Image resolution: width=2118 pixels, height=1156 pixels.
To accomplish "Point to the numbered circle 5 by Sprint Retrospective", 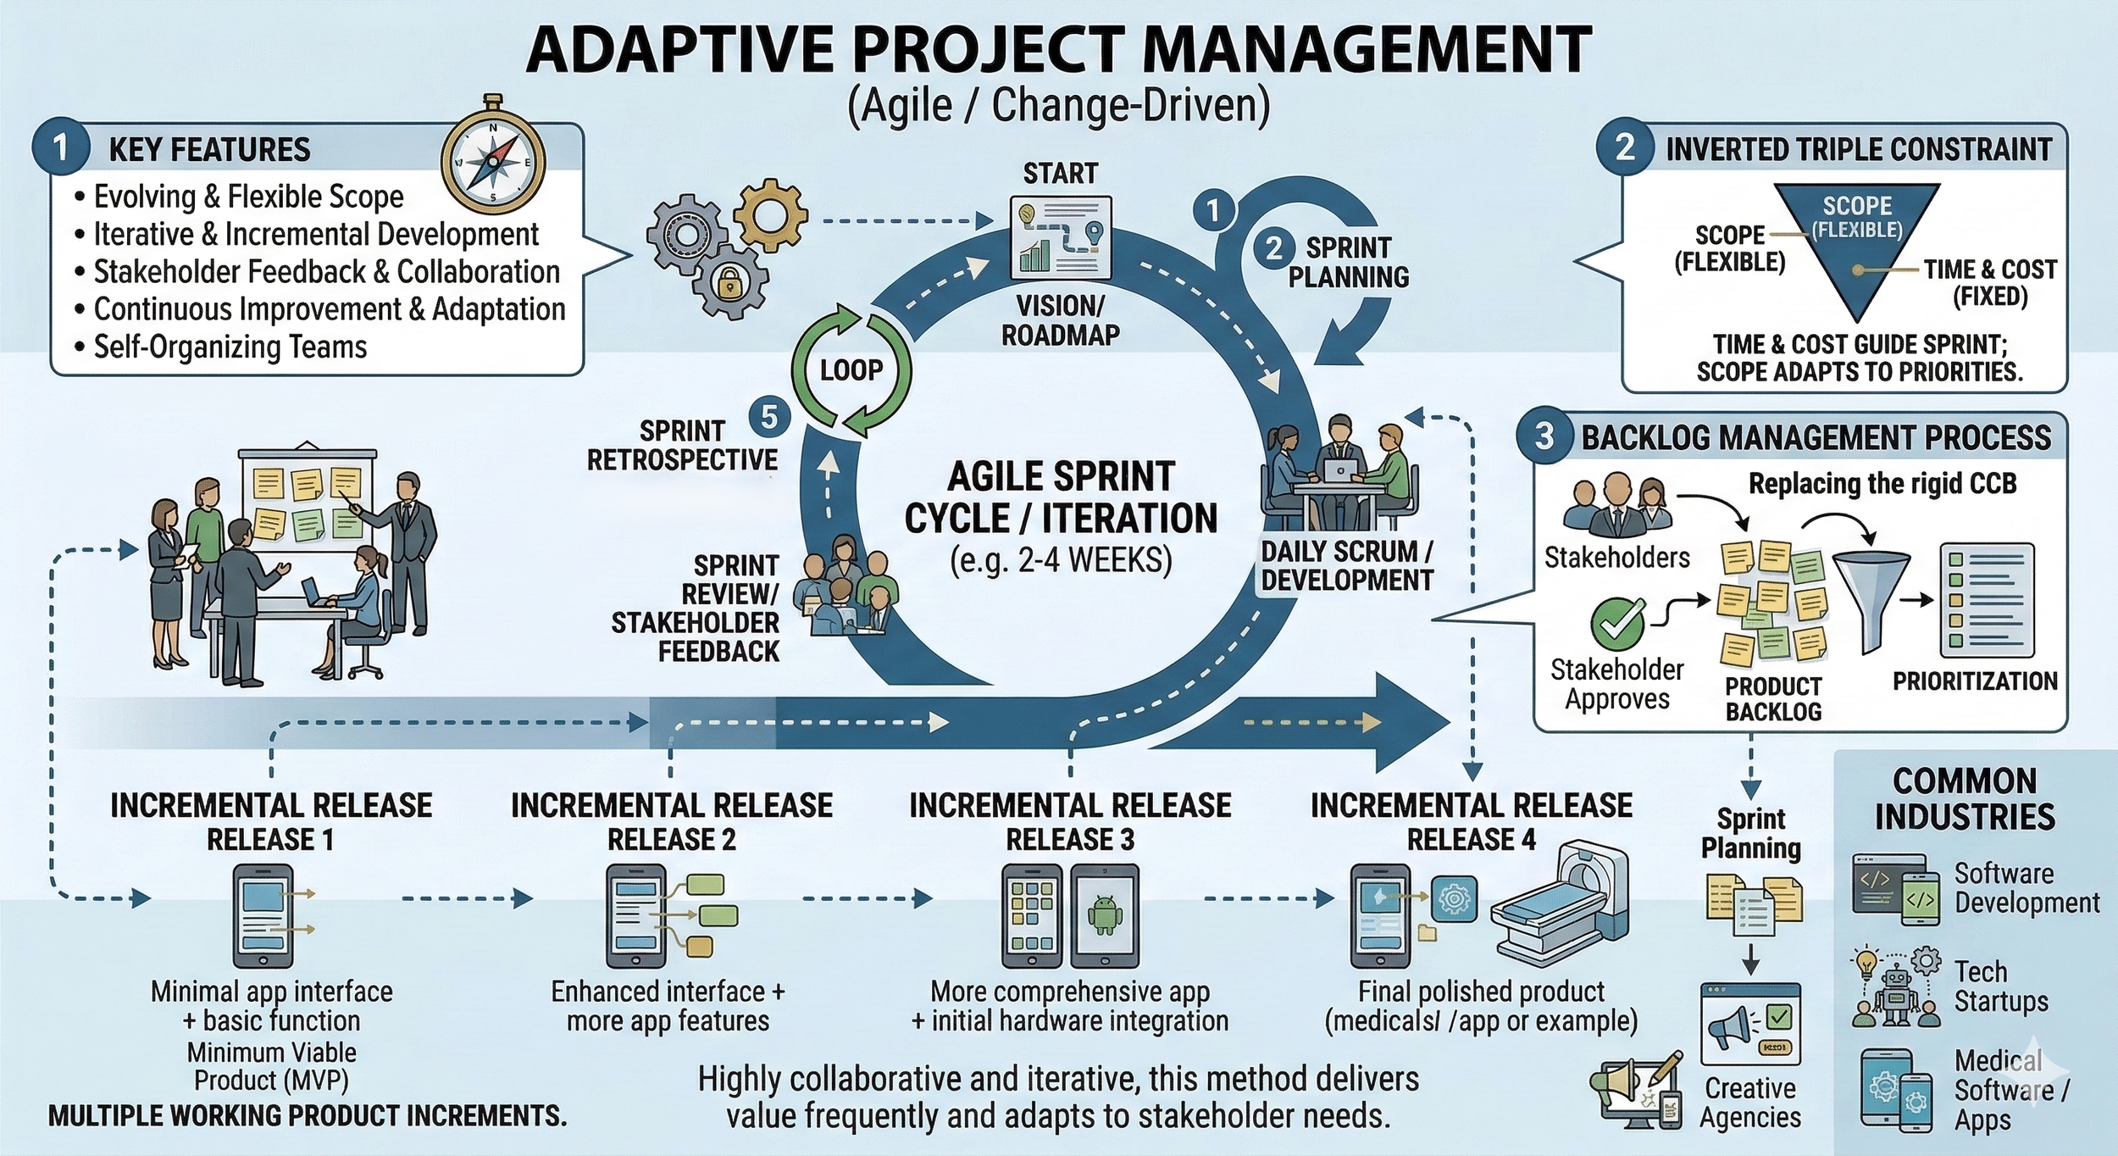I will coord(769,417).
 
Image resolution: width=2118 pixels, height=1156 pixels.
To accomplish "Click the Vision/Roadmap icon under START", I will coord(1061,238).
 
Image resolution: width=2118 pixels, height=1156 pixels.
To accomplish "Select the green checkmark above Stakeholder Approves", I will coord(1617,623).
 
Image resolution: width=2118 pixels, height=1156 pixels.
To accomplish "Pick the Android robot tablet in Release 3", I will coord(1104,916).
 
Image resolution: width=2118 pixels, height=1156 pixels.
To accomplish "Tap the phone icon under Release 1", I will coord(263,916).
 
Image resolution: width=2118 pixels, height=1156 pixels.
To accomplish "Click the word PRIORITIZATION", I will coord(1975,681).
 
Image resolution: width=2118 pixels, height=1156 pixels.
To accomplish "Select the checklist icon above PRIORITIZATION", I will coord(1987,600).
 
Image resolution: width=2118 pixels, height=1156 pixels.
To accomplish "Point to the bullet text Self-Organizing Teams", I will coord(230,347).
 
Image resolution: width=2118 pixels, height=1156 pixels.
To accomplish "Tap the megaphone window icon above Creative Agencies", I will coord(1750,1024).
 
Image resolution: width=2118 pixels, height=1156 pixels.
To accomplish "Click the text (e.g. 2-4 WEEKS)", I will coord(1061,560).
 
